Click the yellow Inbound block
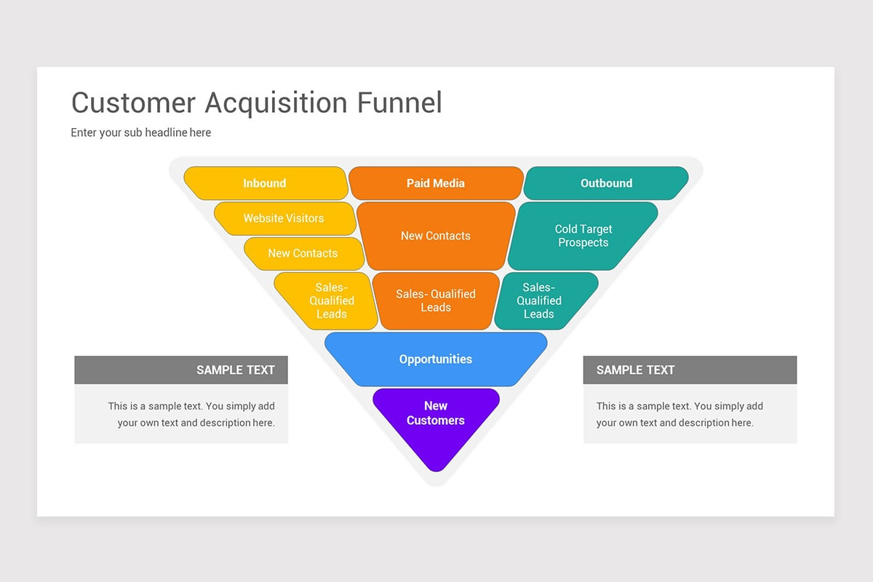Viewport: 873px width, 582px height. (x=265, y=183)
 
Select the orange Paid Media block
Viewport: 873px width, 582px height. (x=436, y=183)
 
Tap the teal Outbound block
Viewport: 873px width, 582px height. (x=606, y=183)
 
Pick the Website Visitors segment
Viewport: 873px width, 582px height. (x=284, y=218)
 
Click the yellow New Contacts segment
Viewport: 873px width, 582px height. (x=303, y=253)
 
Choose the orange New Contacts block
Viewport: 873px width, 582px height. (x=436, y=236)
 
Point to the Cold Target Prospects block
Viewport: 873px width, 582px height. (x=583, y=236)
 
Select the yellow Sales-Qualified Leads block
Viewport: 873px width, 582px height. (x=331, y=300)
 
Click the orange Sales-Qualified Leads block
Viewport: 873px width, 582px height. (x=436, y=300)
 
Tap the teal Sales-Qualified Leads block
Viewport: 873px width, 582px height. (x=539, y=300)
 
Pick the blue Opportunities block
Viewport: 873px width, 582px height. (x=436, y=359)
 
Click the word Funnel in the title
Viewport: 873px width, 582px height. (x=399, y=103)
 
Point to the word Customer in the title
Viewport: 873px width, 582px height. (x=134, y=103)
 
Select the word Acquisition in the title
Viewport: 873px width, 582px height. (x=276, y=103)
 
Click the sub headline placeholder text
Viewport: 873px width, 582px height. (x=141, y=132)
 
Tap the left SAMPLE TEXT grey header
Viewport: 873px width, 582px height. (x=181, y=370)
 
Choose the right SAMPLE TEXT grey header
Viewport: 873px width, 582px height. (x=690, y=370)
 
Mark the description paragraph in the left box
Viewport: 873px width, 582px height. (x=191, y=415)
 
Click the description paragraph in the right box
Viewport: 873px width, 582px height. (x=679, y=415)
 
